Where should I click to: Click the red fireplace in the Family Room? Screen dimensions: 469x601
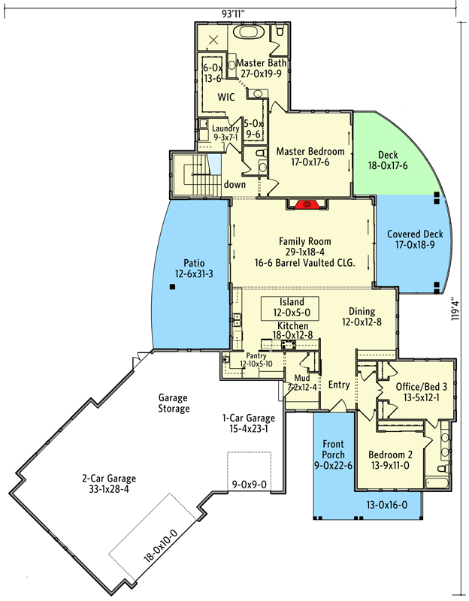pos(307,204)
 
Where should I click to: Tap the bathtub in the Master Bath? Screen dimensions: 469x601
pos(249,32)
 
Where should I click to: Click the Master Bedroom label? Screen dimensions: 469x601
pos(310,152)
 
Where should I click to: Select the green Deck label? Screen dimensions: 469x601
pos(388,155)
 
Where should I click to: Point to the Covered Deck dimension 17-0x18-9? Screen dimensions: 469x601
pos(416,245)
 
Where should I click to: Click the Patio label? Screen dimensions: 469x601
pos(194,263)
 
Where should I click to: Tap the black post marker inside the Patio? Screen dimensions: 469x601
pos(173,286)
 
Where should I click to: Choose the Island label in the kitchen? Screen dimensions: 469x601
pos(292,302)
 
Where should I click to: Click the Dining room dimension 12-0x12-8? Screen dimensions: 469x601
pos(362,322)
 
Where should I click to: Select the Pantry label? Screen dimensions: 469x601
pos(256,355)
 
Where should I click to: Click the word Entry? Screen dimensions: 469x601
pos(339,385)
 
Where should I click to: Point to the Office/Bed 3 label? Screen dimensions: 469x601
pos(422,387)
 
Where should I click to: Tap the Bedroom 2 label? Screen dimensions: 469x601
pos(390,455)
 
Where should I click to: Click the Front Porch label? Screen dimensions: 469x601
pos(333,449)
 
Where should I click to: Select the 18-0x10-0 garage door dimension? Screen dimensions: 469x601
pos(160,545)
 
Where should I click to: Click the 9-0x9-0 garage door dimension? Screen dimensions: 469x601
pos(250,485)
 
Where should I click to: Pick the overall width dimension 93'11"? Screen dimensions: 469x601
pos(233,14)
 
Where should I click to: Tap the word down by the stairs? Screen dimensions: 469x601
pos(234,184)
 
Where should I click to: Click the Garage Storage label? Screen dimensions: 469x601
pos(174,403)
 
